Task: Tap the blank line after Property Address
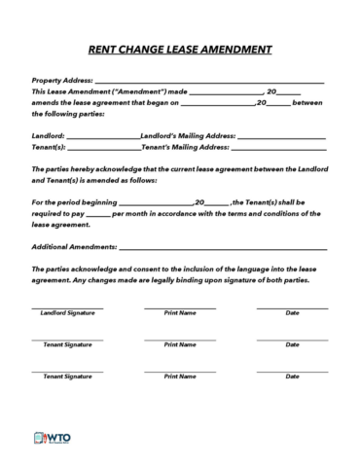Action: tap(209, 82)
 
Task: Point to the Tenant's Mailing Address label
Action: tap(186, 147)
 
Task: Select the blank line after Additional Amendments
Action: tap(223, 248)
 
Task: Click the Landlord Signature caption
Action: tap(67, 313)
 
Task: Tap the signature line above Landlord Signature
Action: tap(67, 307)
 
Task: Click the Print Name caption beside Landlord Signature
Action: tap(180, 313)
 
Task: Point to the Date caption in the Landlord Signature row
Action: tap(292, 313)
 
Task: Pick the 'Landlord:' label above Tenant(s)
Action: tap(49, 135)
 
